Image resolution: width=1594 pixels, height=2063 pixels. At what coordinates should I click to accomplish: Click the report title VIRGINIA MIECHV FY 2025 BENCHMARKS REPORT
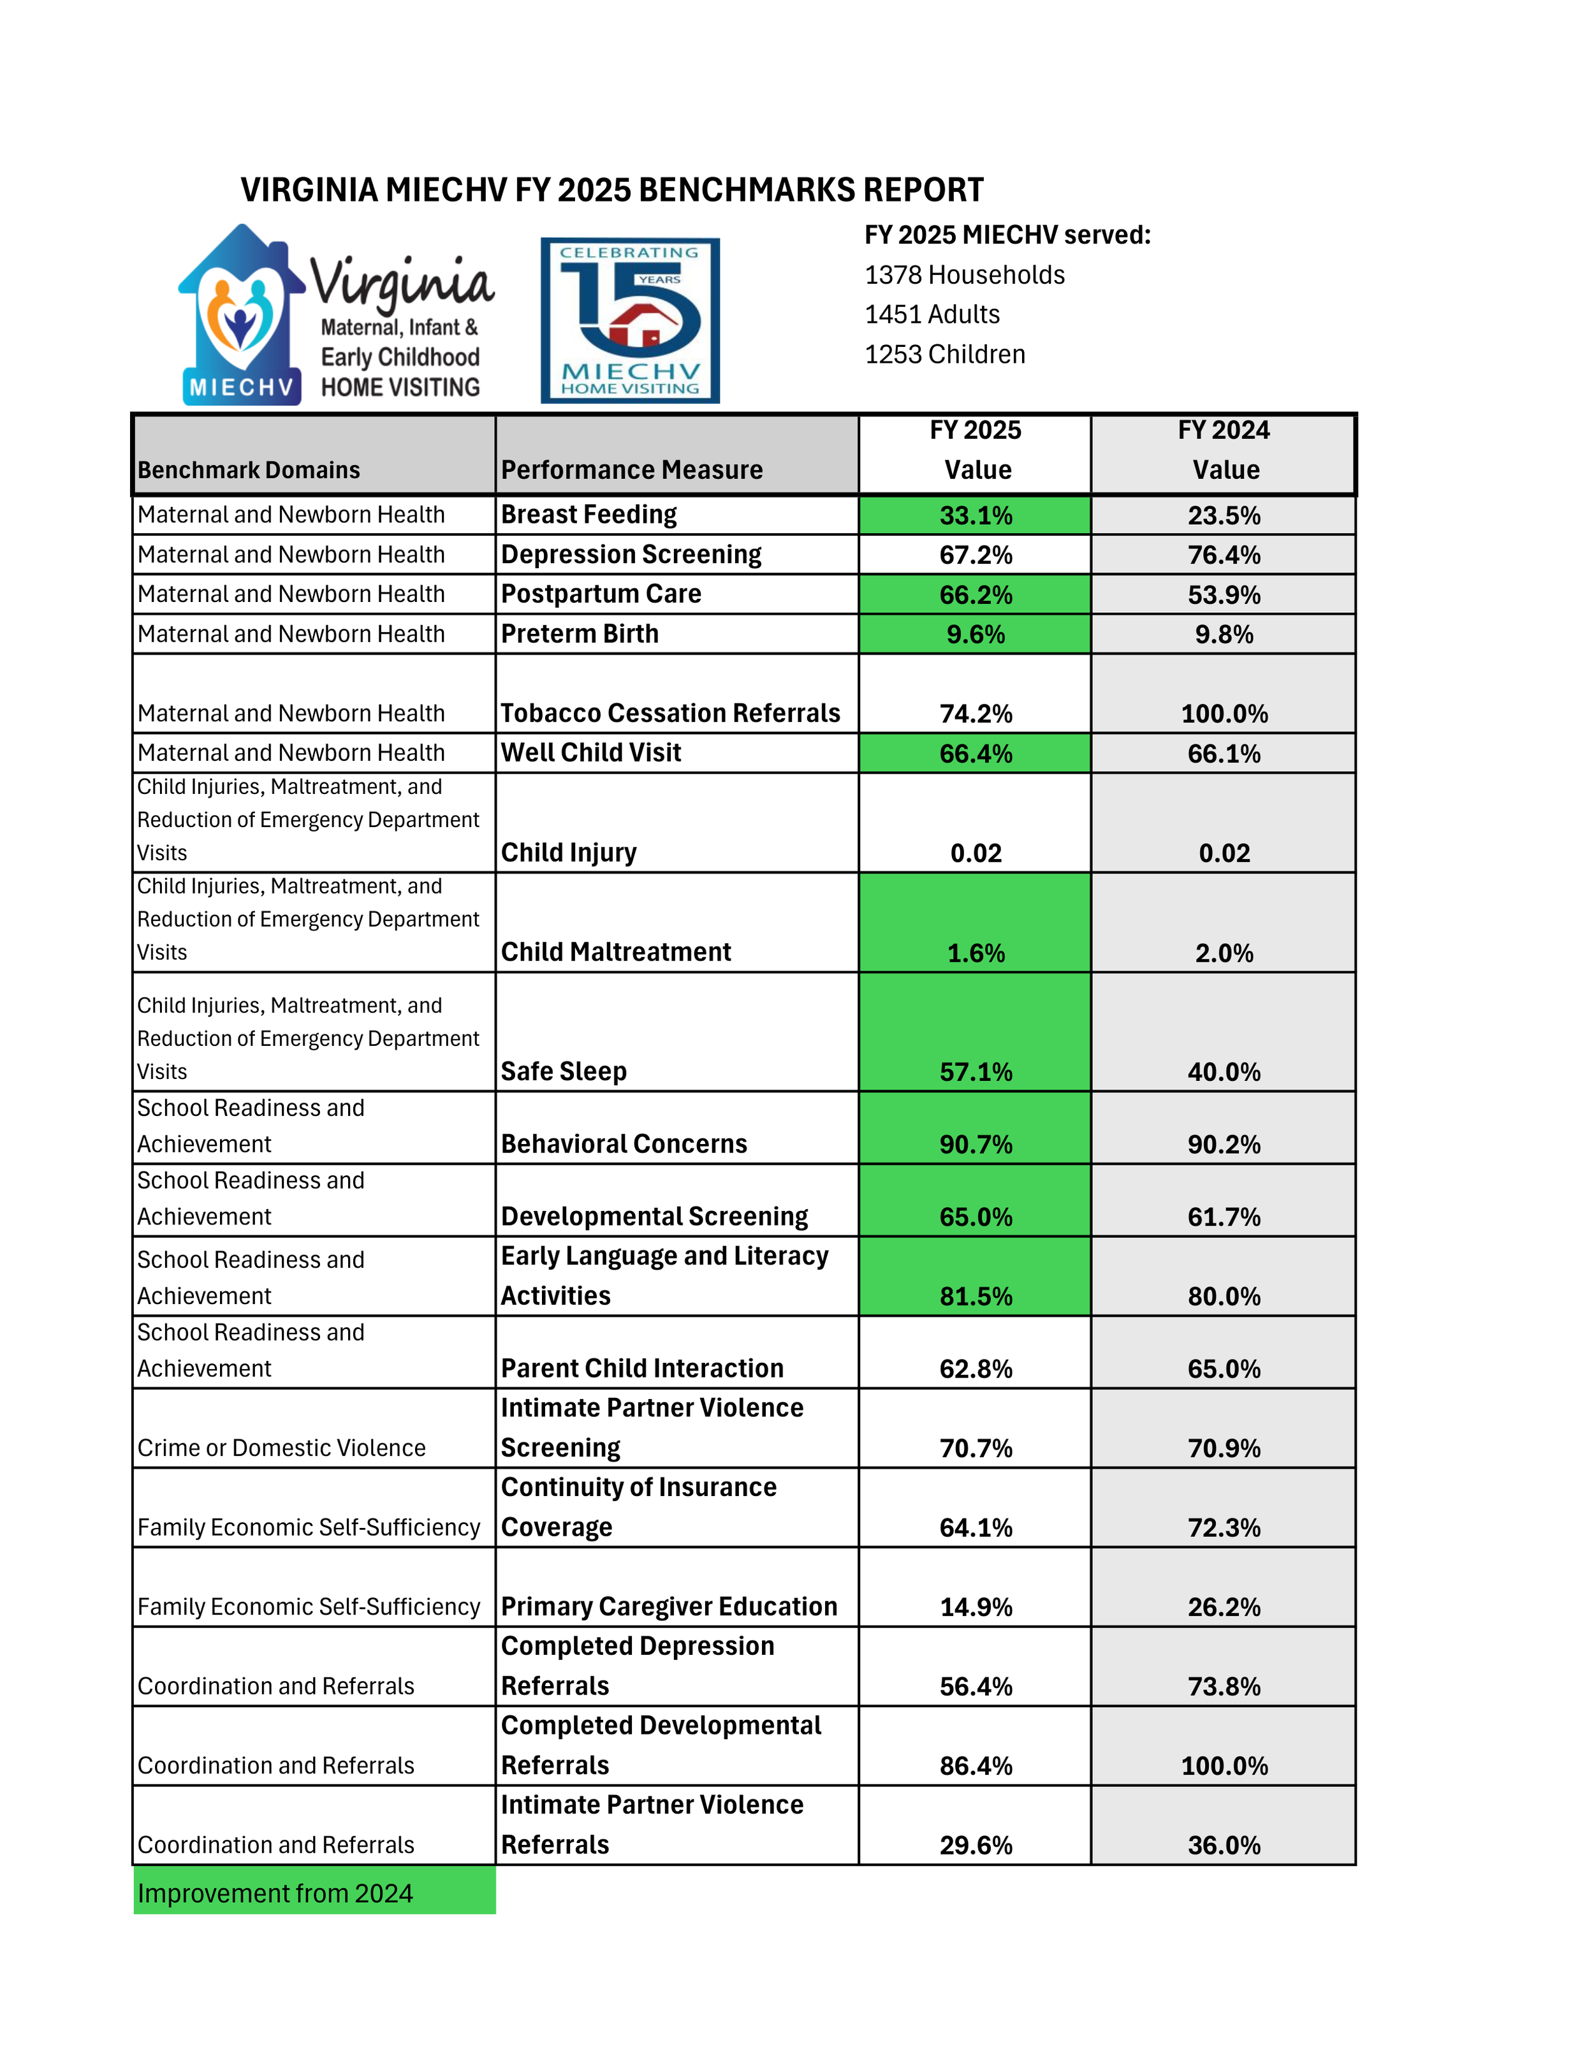click(x=612, y=190)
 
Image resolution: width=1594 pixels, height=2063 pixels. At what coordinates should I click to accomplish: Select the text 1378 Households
click(x=964, y=275)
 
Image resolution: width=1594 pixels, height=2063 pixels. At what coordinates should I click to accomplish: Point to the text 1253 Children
click(x=944, y=354)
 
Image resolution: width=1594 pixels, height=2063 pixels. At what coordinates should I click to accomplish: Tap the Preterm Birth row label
click(x=579, y=634)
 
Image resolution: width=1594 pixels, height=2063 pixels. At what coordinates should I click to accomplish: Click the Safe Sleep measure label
click(x=563, y=1071)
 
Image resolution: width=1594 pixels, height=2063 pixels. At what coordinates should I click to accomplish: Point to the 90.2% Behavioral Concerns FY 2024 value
click(x=1223, y=1145)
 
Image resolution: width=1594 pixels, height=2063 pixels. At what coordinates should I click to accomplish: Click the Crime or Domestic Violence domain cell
click(x=281, y=1448)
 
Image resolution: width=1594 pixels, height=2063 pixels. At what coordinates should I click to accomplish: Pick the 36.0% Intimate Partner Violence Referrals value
click(x=1223, y=1845)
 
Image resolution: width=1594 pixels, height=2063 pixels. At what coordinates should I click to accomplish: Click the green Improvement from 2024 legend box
click(x=314, y=1893)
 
